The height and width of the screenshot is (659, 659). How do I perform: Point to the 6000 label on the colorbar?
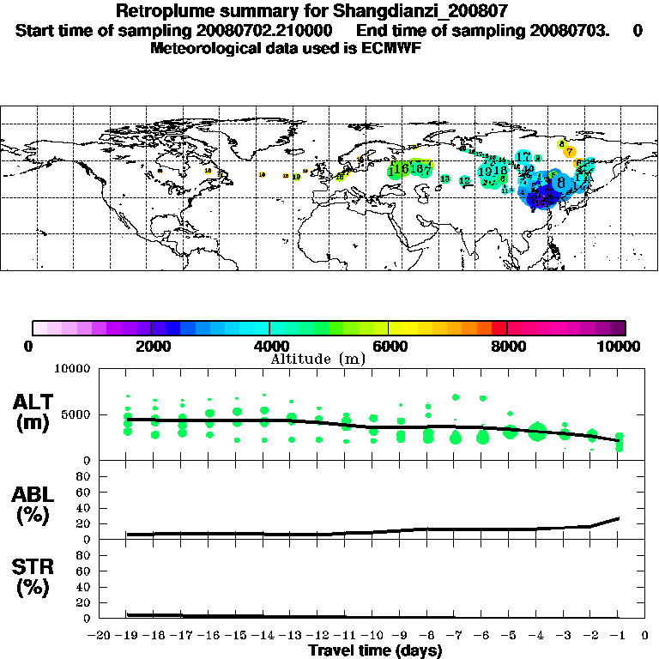point(389,346)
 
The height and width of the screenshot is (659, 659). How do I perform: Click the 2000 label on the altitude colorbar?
point(151,346)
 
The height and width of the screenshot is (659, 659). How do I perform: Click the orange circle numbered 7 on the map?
point(570,152)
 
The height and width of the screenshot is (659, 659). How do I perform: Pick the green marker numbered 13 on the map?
point(445,178)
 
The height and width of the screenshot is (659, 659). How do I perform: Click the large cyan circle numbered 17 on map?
point(523,157)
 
